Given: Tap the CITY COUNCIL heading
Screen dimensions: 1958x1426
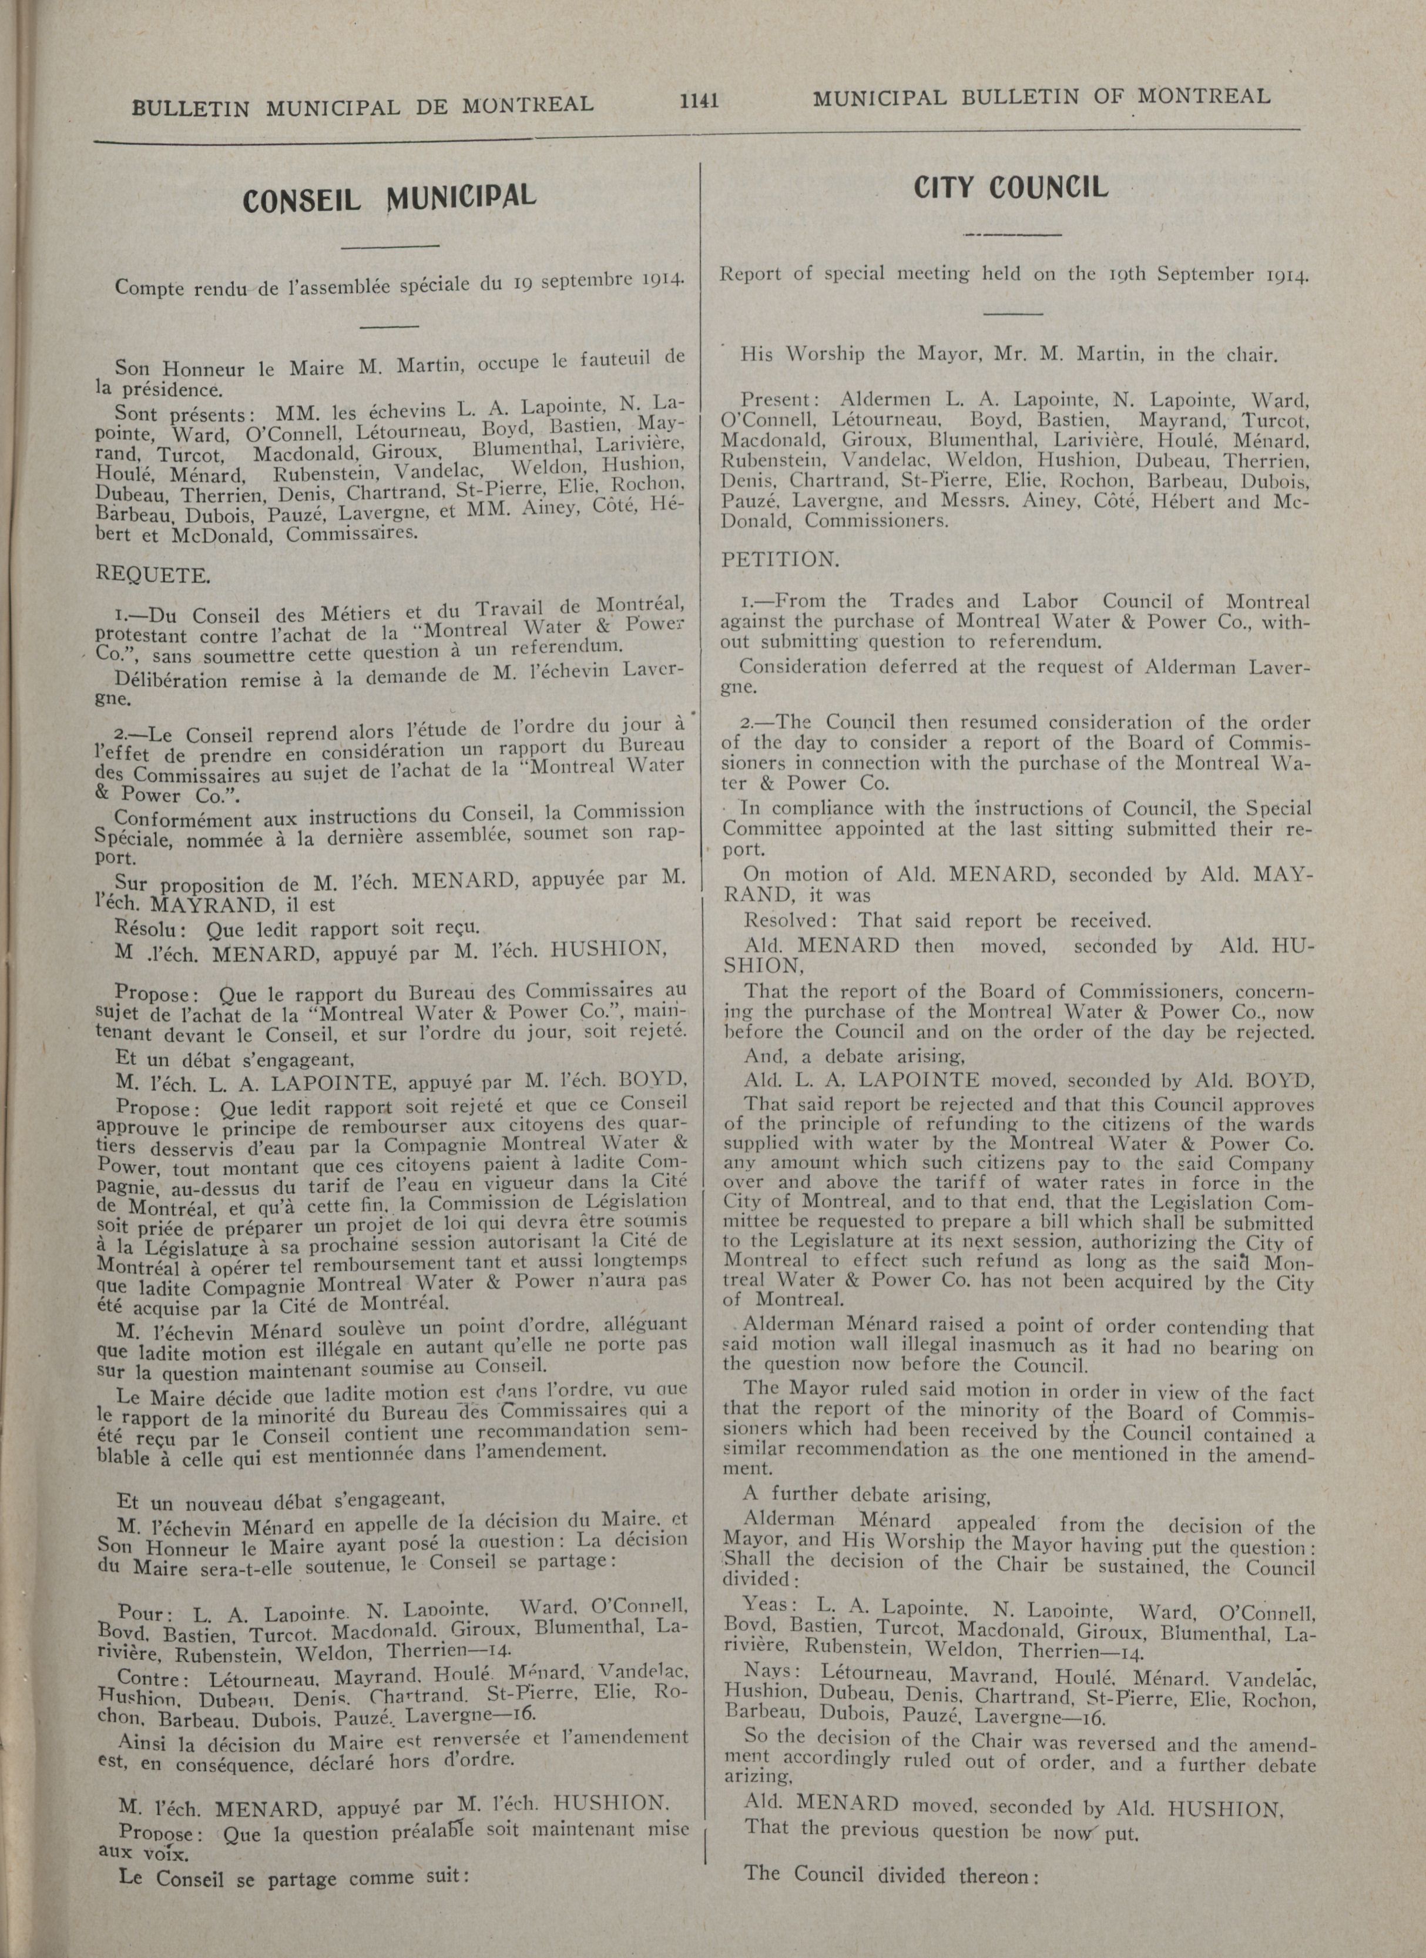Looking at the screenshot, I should (1010, 188).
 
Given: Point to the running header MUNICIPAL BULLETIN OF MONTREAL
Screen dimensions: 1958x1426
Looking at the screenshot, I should (1041, 97).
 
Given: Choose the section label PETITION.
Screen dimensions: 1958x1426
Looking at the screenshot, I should (780, 560).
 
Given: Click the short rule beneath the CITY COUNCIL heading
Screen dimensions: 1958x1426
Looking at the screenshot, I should (1012, 233).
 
